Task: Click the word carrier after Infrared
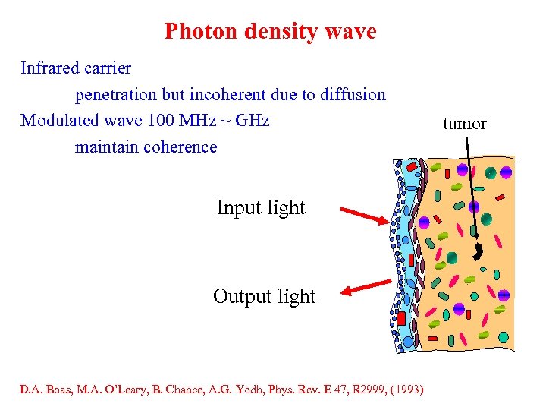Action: [x=108, y=68]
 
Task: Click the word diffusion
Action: [x=355, y=95]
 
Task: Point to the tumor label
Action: [x=464, y=124]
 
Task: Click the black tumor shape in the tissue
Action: [x=479, y=251]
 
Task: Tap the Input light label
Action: [x=261, y=208]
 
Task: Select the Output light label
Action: [x=264, y=296]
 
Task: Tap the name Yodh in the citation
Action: [x=265, y=391]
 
